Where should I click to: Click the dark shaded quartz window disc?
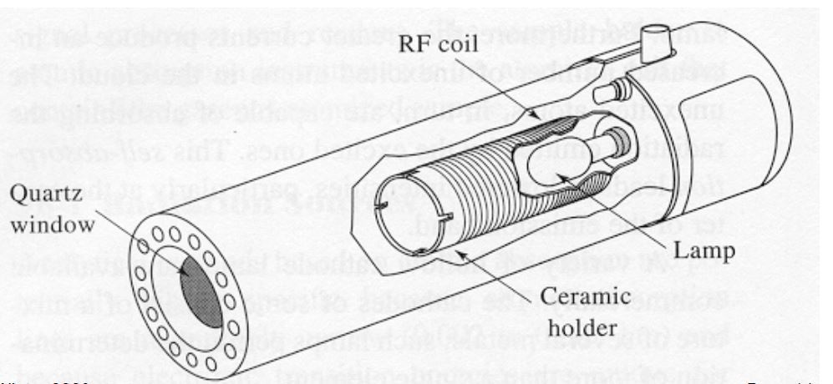(200, 293)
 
